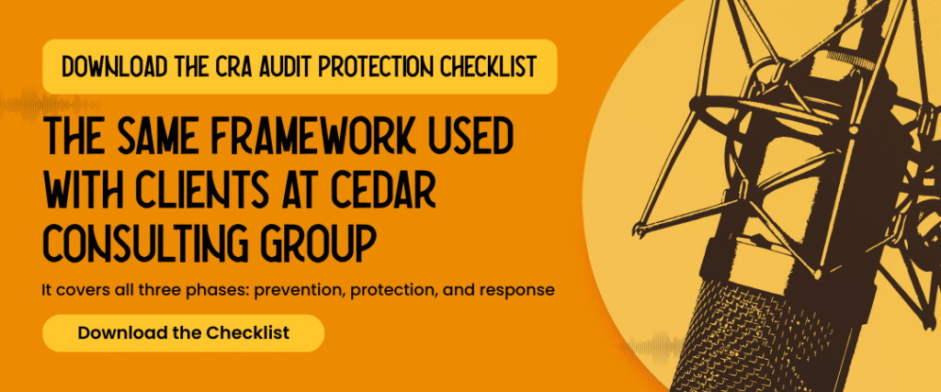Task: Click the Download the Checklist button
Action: (183, 332)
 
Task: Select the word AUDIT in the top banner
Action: (281, 66)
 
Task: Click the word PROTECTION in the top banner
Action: (377, 66)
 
